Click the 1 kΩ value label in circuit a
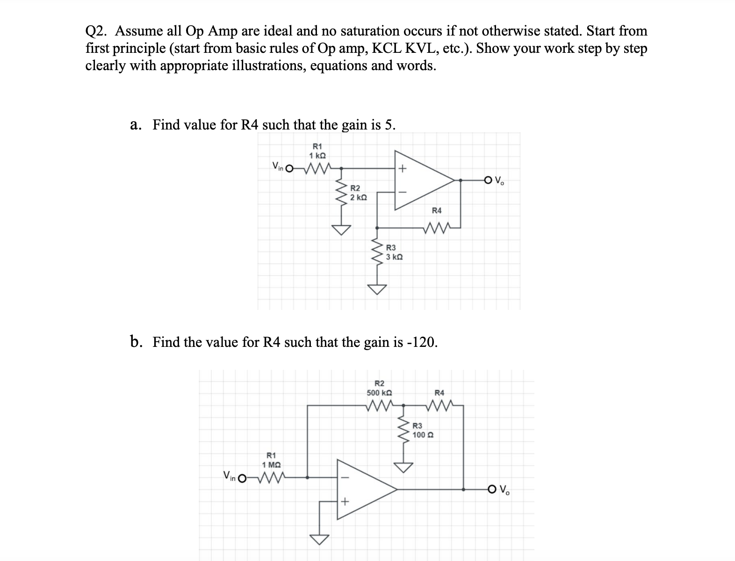point(317,155)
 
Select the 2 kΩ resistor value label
point(358,198)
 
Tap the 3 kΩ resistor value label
point(394,257)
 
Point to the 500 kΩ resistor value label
point(379,393)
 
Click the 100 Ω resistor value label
point(423,435)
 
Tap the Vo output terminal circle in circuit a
point(489,179)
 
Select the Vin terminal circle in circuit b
point(241,478)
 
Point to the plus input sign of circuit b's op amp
point(344,502)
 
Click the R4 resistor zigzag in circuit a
point(439,228)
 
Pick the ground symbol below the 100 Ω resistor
point(404,467)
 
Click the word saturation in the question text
point(369,31)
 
